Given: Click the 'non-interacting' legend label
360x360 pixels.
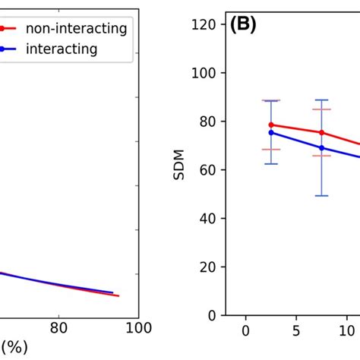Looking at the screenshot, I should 76,29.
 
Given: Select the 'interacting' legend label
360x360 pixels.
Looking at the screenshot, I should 62,49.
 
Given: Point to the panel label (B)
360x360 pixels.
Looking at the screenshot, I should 243,25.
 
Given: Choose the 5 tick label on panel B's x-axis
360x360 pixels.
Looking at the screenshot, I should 296,330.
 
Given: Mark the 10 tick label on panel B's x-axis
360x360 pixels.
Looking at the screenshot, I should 346,330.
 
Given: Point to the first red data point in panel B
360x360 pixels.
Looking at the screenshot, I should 271,125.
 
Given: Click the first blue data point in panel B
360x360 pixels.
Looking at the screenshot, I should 271,132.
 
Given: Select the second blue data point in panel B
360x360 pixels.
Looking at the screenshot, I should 322,147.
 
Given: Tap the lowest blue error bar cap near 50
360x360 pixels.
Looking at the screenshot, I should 322,196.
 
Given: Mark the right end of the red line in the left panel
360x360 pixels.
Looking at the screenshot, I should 118,295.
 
